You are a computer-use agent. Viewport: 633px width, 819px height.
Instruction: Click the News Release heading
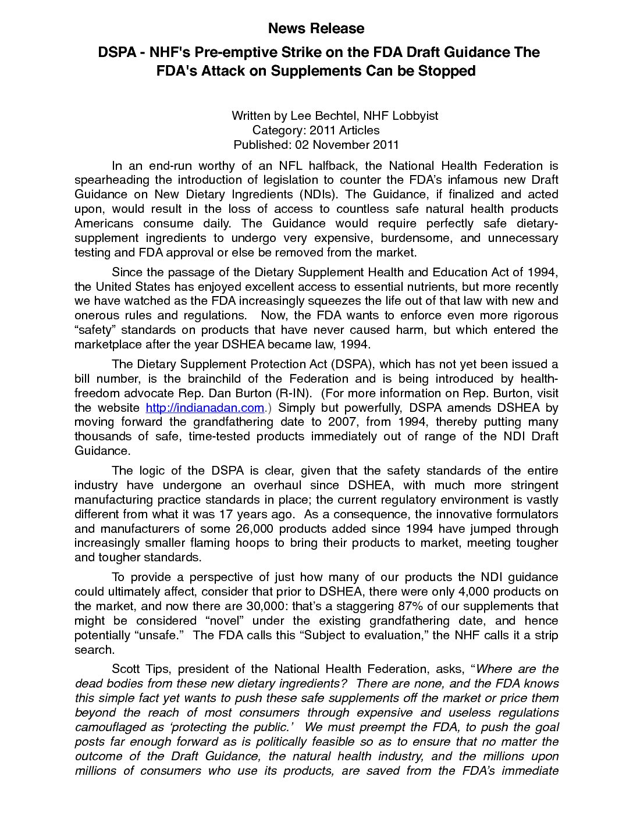[316, 28]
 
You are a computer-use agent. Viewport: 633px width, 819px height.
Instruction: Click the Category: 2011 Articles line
[316, 130]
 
